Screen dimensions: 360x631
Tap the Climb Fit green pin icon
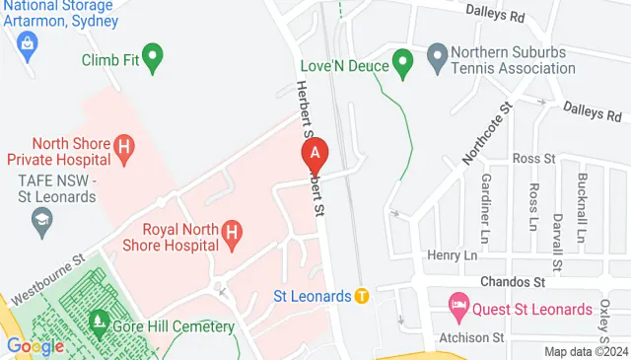[152, 58]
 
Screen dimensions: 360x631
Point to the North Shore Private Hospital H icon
[123, 150]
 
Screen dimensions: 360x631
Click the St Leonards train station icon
[362, 295]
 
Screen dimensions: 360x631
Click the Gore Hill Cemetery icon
[99, 322]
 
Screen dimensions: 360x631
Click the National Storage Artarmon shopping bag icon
[26, 42]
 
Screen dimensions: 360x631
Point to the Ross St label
[535, 158]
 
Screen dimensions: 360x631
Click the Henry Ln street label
[452, 255]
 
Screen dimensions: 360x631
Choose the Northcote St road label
[487, 134]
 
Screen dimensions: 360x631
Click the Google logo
[35, 346]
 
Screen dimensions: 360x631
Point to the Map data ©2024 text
[585, 351]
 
